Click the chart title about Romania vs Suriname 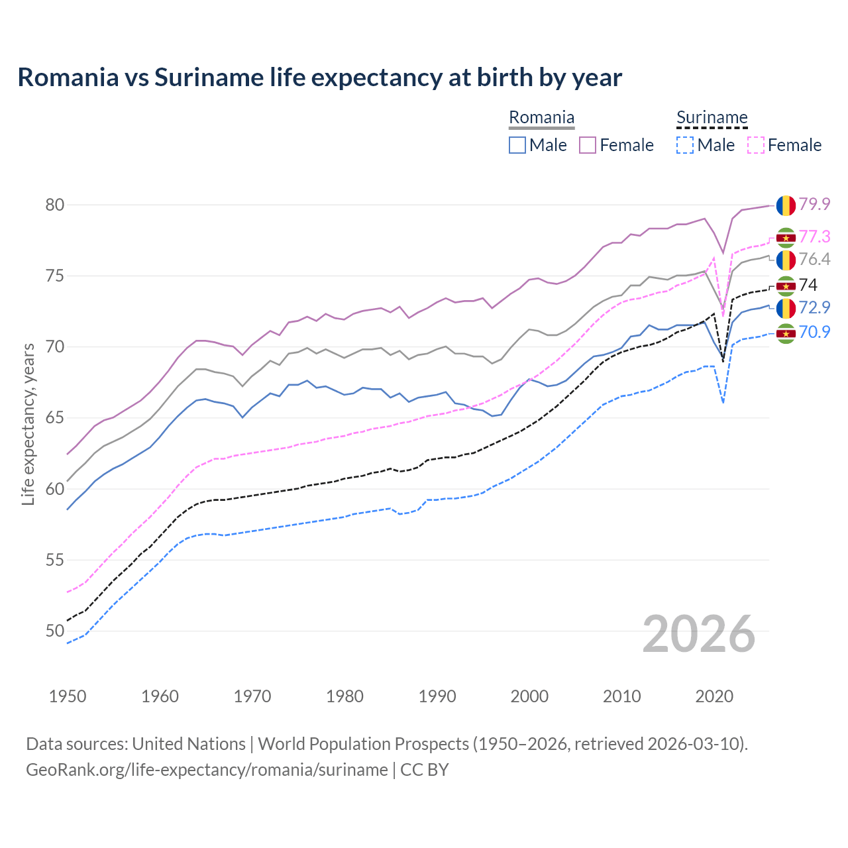pos(319,78)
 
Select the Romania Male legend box pos(517,145)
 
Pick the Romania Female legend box pos(588,145)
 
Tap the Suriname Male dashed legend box pos(685,145)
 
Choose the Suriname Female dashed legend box pos(755,145)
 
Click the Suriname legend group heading pos(712,118)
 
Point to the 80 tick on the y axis pos(55,205)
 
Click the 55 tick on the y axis pos(55,560)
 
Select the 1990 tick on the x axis pos(437,696)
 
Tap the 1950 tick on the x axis pos(68,696)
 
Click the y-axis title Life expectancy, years pos(28,424)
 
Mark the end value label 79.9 pos(814,204)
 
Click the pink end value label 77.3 pos(814,237)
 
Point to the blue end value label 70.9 pos(814,332)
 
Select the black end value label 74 pos(808,285)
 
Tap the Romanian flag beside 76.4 pos(786,260)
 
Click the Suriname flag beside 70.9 pos(786,333)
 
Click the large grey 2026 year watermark pos(699,634)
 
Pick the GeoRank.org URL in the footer pos(207,770)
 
